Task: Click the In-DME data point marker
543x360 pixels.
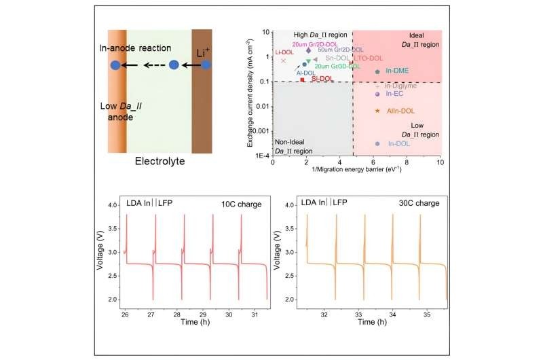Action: coord(377,71)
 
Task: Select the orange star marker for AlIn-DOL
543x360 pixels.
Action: coord(377,111)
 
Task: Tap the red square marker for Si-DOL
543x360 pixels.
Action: coord(302,79)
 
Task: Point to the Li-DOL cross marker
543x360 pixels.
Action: coord(284,60)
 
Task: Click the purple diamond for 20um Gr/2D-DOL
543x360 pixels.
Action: coord(309,50)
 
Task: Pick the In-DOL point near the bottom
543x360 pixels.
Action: coord(377,144)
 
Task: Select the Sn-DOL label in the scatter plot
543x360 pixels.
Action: coord(337,58)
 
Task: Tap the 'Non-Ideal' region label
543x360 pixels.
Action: coord(291,141)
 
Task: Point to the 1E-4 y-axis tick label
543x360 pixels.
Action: coord(262,156)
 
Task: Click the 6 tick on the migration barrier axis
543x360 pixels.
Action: coord(373,163)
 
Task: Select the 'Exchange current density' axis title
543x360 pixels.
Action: coord(251,92)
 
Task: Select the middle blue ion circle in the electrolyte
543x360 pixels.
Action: coord(174,65)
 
